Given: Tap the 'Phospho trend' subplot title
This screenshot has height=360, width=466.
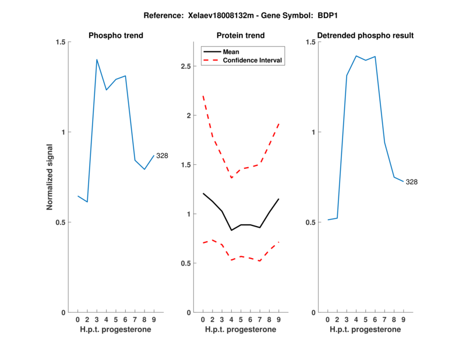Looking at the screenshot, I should [x=116, y=36].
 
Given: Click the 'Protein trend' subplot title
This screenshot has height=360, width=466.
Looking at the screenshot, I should [x=241, y=36].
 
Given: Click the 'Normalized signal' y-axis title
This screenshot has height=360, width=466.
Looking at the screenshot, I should [x=50, y=177].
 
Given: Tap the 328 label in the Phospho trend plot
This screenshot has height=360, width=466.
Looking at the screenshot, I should [x=163, y=156].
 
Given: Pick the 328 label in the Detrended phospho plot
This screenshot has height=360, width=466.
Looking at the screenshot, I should [x=412, y=182].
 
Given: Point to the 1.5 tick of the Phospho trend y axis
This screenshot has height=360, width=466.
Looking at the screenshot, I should [x=60, y=42].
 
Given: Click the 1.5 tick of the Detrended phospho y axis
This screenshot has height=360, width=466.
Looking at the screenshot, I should [x=310, y=42].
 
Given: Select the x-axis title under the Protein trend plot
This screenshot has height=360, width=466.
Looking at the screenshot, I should [x=241, y=330].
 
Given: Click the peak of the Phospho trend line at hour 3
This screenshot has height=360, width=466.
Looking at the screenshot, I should [x=97, y=59].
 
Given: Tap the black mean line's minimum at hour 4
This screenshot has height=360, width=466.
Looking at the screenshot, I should [x=232, y=230].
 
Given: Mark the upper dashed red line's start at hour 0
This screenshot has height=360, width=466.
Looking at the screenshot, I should [x=203, y=96].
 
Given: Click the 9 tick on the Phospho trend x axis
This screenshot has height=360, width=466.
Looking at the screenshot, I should [x=154, y=319].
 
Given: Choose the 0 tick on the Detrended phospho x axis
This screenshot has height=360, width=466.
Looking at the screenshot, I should [x=328, y=319].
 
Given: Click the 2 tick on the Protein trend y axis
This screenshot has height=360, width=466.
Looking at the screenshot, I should [x=188, y=115].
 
